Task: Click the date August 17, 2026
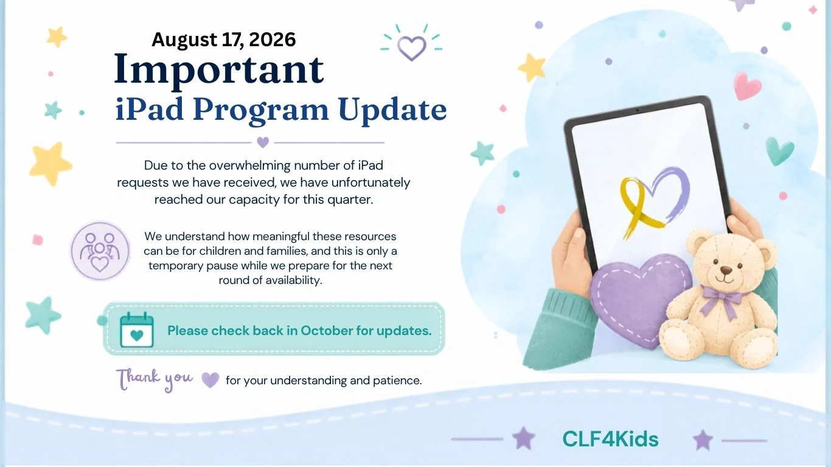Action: coord(224,40)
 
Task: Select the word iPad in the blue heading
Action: coord(150,110)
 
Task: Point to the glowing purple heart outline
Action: coord(411,47)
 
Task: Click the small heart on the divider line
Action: coord(263,142)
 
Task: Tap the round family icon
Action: coord(100,251)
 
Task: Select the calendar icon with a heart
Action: coord(136,330)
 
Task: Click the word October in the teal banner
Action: coord(327,331)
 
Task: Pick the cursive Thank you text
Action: coord(155,379)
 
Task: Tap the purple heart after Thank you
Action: coord(210,380)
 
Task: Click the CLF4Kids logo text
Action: coord(610,439)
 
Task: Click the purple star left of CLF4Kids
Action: coord(523,438)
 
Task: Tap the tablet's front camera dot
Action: coord(638,110)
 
